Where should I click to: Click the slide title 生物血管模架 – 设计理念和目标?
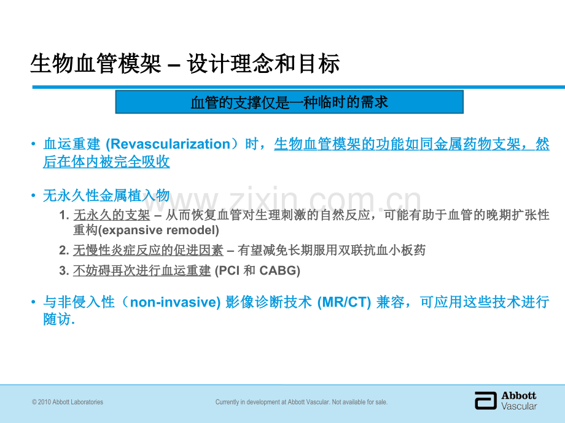pos(184,64)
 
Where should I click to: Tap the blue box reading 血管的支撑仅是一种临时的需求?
pos(289,102)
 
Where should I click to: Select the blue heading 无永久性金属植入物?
pos(106,196)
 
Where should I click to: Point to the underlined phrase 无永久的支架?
pos(112,215)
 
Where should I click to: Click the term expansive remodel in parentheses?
pos(158,231)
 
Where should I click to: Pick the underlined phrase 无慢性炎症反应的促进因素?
pos(148,250)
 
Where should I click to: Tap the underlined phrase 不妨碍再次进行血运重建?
pos(142,270)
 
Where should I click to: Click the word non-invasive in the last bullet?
pos(175,302)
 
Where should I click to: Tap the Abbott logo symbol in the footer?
pos(485,400)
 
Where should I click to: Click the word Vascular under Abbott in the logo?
pos(519,406)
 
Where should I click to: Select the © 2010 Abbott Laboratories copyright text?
pos(68,402)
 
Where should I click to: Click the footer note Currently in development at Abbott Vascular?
pos(301,402)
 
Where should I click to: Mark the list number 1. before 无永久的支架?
pos(64,215)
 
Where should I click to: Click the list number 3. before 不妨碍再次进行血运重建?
pos(64,270)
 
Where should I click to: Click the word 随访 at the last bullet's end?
pos(57,319)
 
